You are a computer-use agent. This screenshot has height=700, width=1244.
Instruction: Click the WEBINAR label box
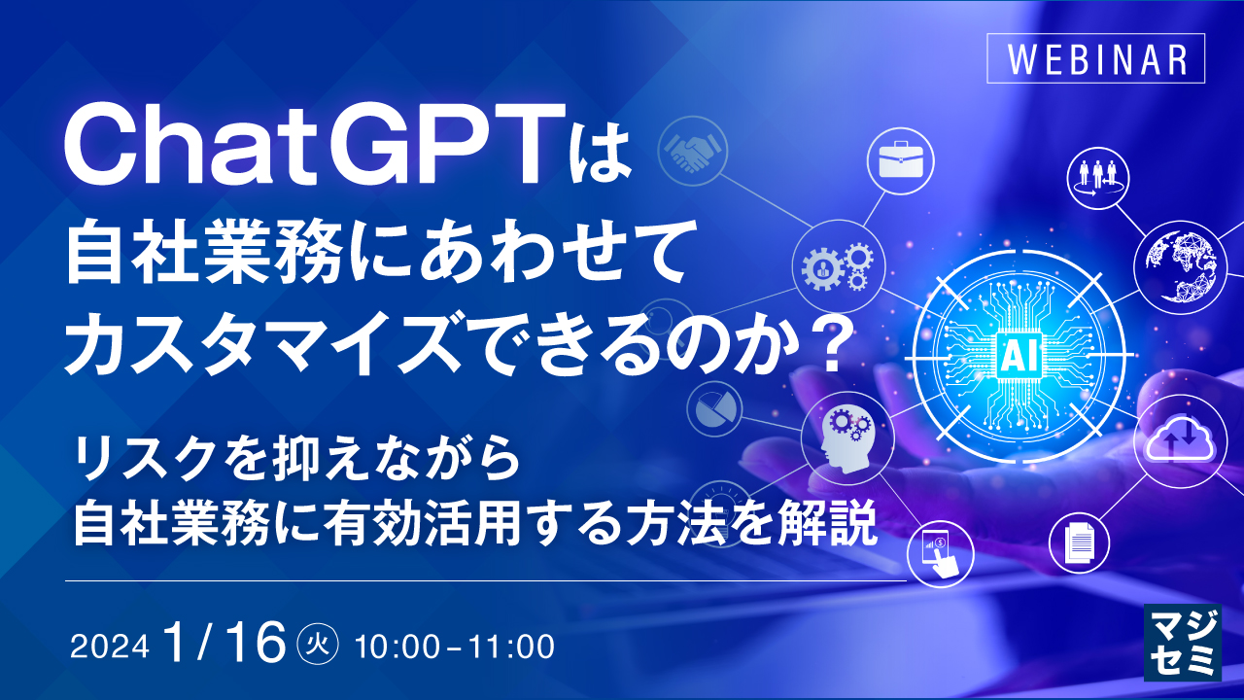pyautogui.click(x=1095, y=58)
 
